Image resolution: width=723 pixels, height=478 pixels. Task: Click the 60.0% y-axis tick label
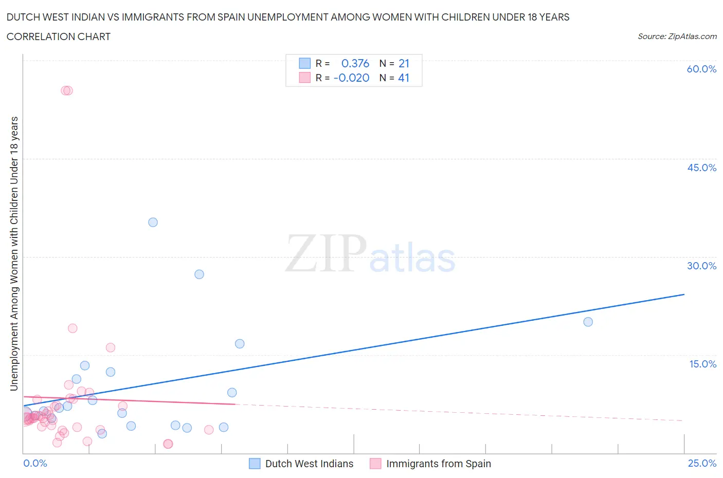point(701,69)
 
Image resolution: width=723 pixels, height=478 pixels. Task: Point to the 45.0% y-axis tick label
point(701,168)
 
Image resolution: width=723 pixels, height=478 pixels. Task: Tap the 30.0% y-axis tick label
point(701,266)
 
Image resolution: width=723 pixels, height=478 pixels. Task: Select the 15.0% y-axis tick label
point(702,364)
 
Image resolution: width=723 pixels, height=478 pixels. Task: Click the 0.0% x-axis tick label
point(35,463)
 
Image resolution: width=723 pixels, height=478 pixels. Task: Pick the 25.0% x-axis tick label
point(702,463)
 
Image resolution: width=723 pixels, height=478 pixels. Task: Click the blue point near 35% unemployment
point(153,223)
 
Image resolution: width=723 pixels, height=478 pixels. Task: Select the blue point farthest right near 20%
point(588,322)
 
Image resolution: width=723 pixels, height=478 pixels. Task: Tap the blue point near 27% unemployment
point(199,274)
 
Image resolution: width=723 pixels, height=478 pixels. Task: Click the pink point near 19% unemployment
point(73,328)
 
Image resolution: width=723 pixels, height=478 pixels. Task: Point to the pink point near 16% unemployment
point(110,347)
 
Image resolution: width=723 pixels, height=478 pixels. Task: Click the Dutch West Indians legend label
point(309,464)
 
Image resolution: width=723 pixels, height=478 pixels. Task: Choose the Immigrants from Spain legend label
point(438,464)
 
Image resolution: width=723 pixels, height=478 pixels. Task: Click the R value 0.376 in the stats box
point(355,63)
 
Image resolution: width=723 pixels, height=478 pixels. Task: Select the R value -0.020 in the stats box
point(351,78)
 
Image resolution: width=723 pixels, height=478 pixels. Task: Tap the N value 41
point(404,78)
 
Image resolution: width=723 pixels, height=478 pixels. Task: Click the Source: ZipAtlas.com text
point(677,36)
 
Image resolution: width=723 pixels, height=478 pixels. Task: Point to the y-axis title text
point(14,253)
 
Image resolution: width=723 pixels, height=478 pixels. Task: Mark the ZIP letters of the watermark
point(325,254)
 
